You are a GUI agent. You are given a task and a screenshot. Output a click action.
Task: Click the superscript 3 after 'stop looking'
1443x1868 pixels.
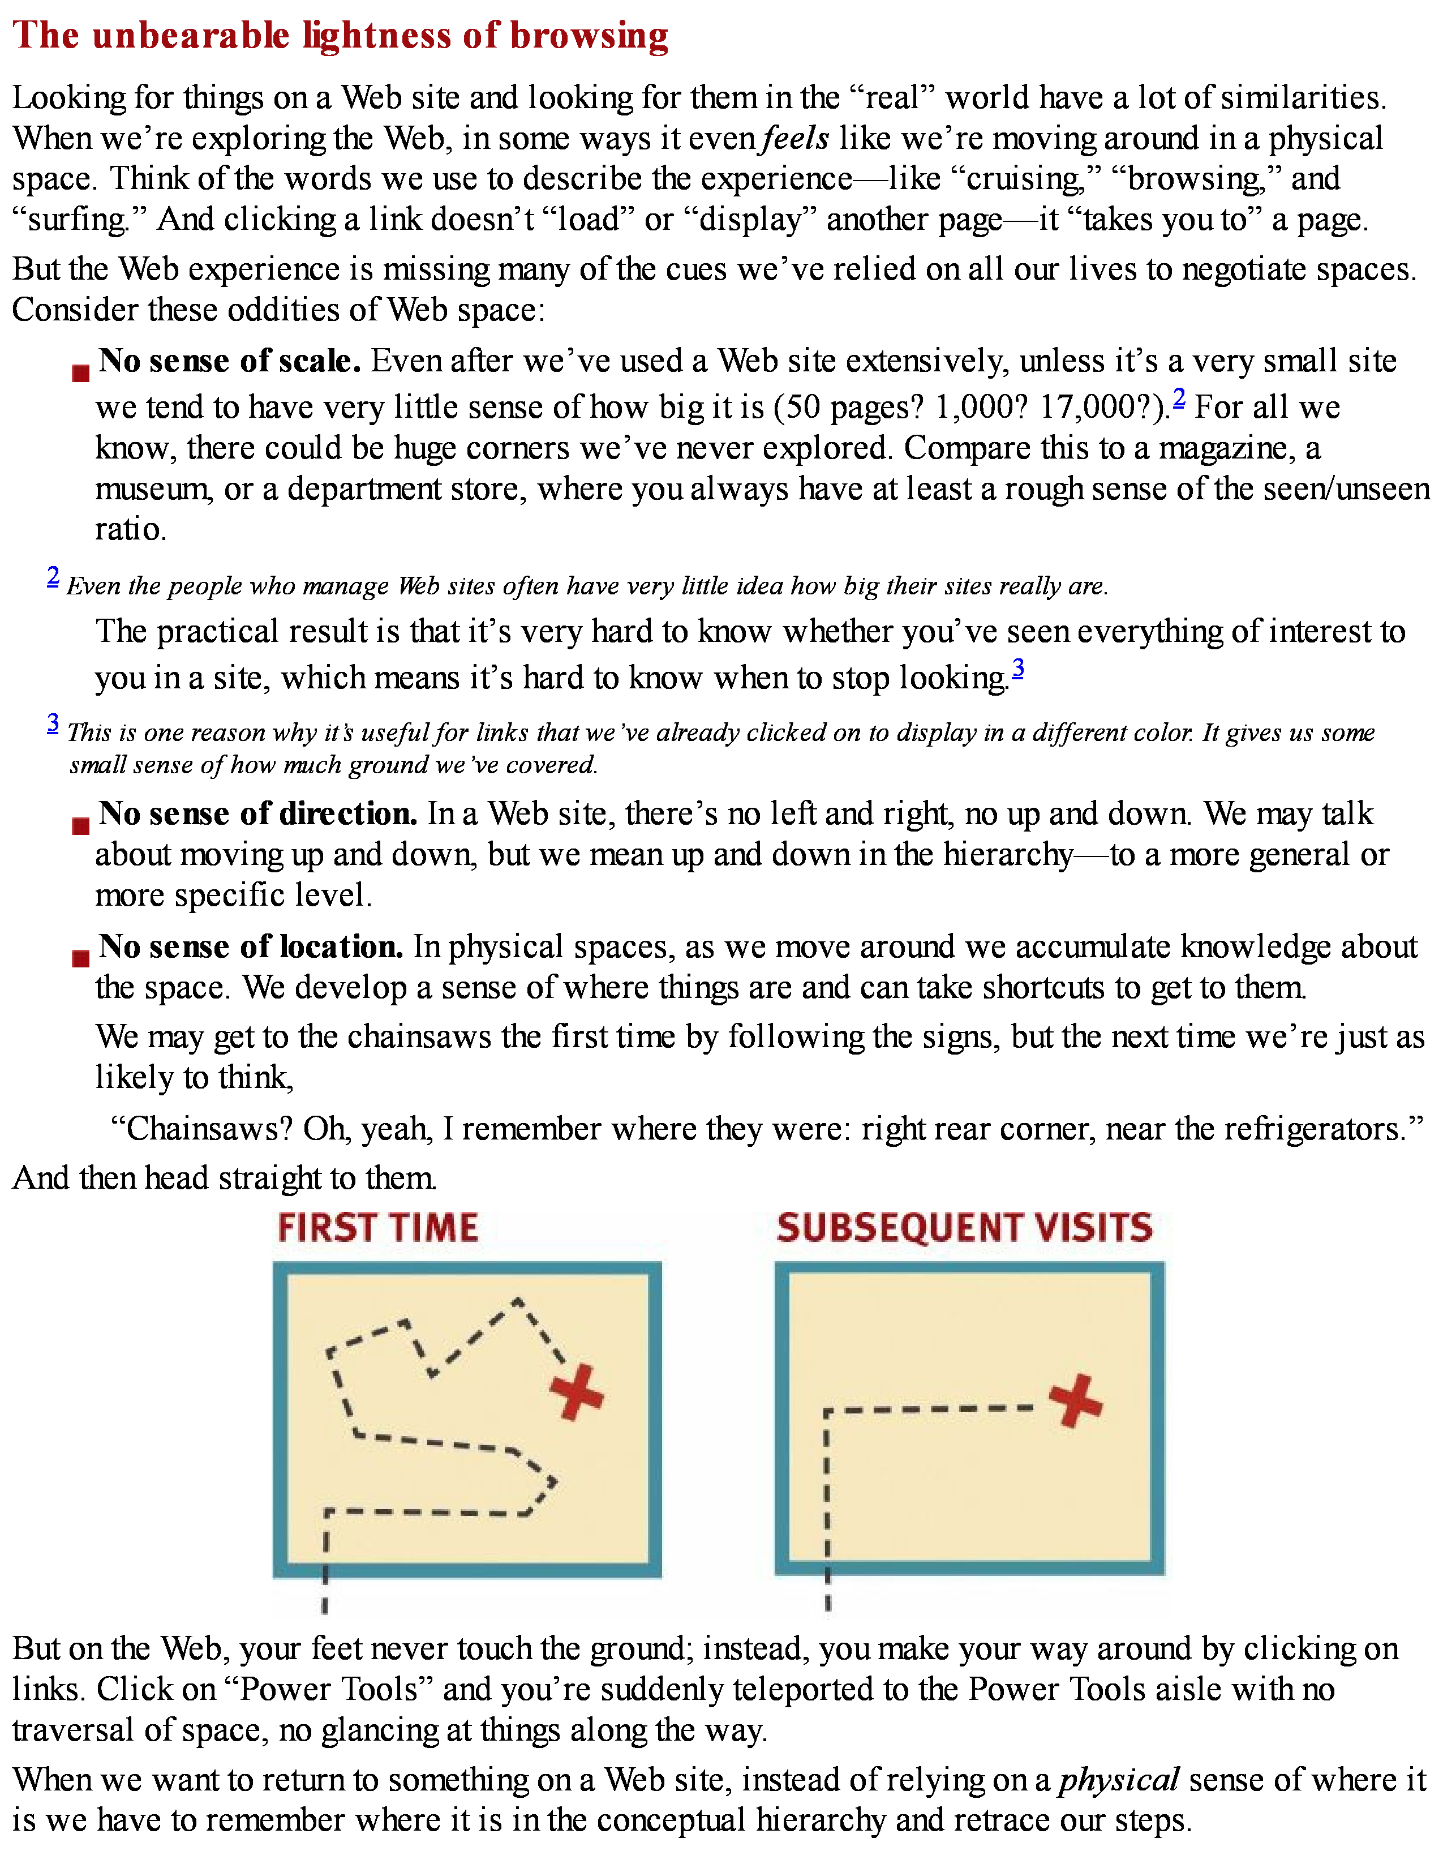1018,668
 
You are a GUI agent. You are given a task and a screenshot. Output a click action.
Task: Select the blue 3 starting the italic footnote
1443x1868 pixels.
53,723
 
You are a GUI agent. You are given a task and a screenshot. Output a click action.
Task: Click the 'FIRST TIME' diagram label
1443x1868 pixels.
378,1228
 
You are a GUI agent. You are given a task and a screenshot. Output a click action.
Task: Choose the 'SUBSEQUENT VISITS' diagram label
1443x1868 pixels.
964,1228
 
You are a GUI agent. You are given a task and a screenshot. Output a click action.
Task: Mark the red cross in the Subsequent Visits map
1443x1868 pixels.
1076,1400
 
